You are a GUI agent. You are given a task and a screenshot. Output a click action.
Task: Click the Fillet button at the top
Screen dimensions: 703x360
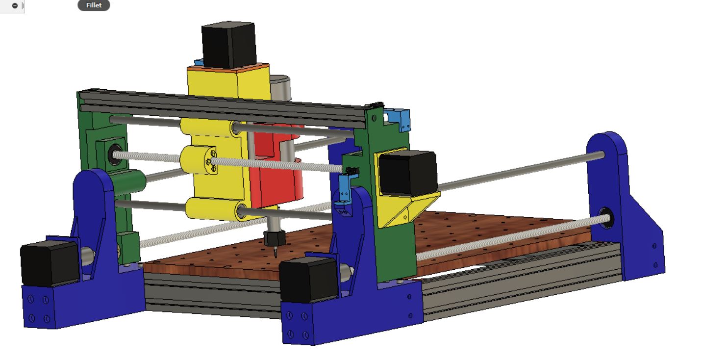click(x=94, y=5)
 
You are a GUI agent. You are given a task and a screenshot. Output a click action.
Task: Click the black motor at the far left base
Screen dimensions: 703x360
click(x=50, y=263)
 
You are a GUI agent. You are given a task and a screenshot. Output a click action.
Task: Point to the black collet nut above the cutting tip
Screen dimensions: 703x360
click(x=275, y=238)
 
